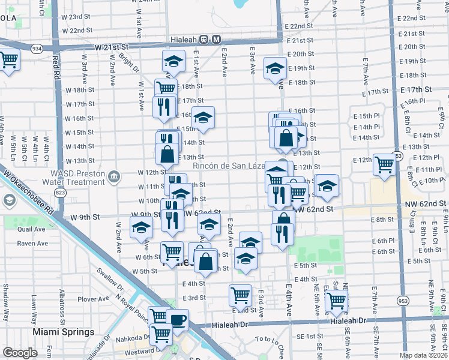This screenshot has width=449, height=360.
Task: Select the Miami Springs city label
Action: pos(64,332)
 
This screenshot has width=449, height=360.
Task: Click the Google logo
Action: pos(20,353)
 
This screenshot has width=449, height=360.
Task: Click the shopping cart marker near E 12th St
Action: pos(384,164)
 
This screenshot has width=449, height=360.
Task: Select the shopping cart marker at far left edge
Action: pos(9,59)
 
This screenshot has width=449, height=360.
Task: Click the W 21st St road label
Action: pos(111,46)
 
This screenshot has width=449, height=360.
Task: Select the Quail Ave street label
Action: pos(31,229)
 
